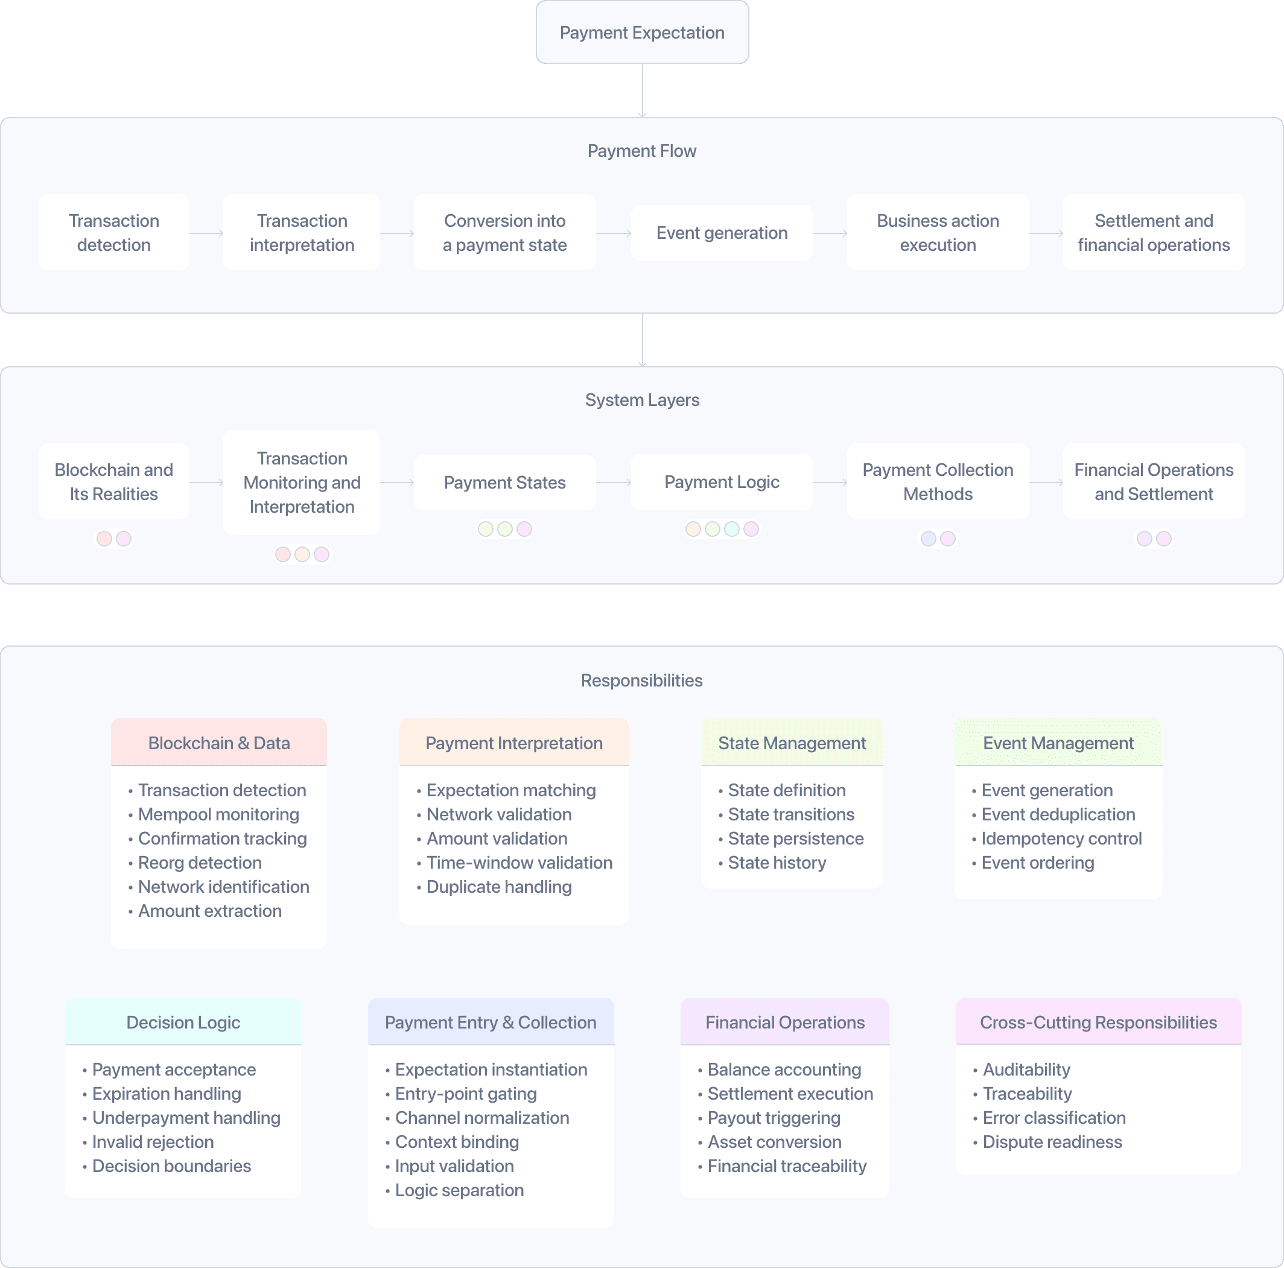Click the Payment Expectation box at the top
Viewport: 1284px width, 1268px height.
pyautogui.click(x=642, y=33)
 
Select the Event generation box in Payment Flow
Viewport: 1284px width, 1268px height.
pyautogui.click(x=722, y=233)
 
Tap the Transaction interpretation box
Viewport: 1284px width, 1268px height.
pyautogui.click(x=302, y=233)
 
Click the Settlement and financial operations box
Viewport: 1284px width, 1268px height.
pyautogui.click(x=1154, y=233)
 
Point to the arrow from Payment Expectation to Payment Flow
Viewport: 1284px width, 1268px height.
pyautogui.click(x=642, y=90)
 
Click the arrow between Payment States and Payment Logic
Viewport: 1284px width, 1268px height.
pyautogui.click(x=613, y=483)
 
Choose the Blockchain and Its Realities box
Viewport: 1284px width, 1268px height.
pyautogui.click(x=113, y=481)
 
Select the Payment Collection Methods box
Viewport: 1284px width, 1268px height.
pyautogui.click(x=938, y=481)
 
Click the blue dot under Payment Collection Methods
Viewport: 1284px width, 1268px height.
pyautogui.click(x=929, y=538)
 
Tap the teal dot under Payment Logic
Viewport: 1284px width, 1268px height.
pyautogui.click(x=732, y=529)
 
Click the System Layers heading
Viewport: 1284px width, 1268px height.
pyautogui.click(x=642, y=399)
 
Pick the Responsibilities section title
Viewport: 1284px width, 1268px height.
pyautogui.click(x=641, y=680)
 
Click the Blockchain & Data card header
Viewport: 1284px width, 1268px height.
pyautogui.click(x=218, y=743)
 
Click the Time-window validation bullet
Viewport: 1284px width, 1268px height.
pyautogui.click(x=519, y=863)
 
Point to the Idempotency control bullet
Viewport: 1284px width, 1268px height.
pyautogui.click(x=1061, y=838)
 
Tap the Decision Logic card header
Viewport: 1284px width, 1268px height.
pyautogui.click(x=183, y=1022)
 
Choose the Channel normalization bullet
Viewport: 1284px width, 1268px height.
pyautogui.click(x=482, y=1118)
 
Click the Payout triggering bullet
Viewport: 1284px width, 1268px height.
pyautogui.click(x=774, y=1118)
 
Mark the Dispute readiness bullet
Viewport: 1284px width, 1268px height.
pyautogui.click(x=1052, y=1142)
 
